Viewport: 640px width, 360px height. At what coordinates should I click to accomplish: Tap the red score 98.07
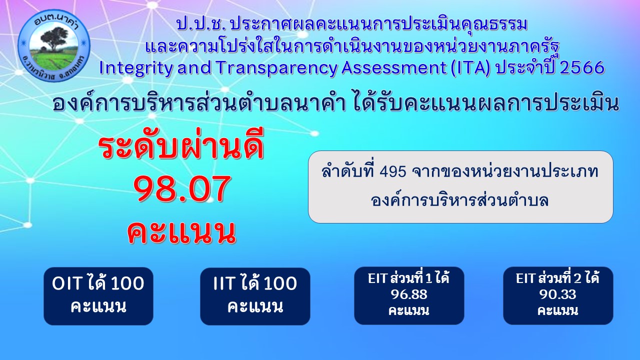(182, 189)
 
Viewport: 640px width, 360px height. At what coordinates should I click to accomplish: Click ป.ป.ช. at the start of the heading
(201, 25)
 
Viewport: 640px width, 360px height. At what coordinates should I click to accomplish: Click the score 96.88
(409, 294)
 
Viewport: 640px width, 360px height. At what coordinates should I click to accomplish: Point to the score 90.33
(557, 294)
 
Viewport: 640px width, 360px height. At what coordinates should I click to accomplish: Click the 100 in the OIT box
(127, 283)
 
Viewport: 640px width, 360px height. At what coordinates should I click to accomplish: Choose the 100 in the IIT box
(280, 283)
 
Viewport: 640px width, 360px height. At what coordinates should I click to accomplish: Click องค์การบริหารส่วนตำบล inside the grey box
(459, 200)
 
